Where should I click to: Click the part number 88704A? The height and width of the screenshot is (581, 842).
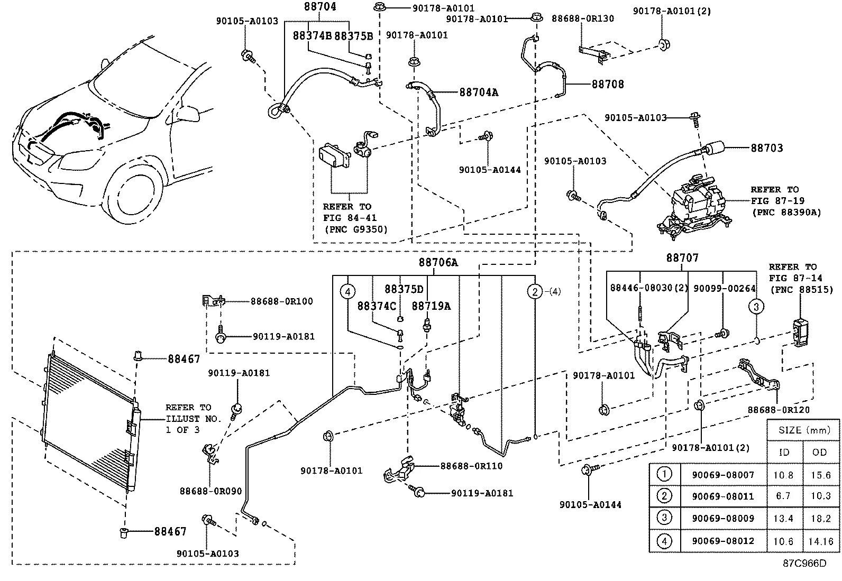pos(479,92)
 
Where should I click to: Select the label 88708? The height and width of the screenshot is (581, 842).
pos(607,84)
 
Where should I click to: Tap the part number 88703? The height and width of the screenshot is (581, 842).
pos(766,148)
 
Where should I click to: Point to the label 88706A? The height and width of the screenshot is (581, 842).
pos(438,262)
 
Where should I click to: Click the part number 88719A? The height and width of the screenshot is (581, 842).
pos(431,306)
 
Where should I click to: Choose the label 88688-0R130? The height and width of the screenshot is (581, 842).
pos(583,19)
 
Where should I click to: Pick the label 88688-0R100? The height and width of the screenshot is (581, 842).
pos(281,301)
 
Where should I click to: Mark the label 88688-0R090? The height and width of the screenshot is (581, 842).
pos(211,491)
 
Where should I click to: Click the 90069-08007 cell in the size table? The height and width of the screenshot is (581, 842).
pos(723,475)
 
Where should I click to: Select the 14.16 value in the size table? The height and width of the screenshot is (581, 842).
pos(821,541)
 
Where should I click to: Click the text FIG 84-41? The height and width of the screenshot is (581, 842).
pos(350,218)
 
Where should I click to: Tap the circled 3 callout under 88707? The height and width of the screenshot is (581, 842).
pos(756,306)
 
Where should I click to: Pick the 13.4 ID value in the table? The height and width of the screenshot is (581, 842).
pos(783,519)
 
